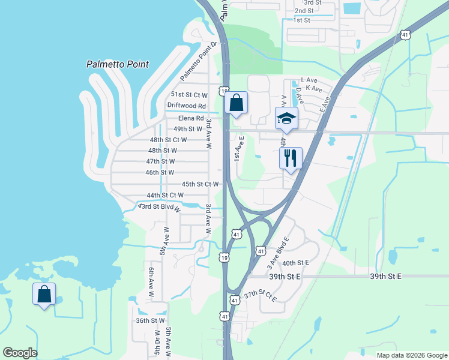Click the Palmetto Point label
pos(116,64)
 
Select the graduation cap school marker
pos(286,118)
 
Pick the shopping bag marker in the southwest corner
pos(44,295)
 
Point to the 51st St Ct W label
pos(189,95)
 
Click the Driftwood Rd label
pos(186,106)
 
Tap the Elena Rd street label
pos(191,118)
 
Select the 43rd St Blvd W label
pos(159,207)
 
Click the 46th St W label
pos(160,172)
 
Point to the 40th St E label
pos(295,263)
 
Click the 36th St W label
pos(150,320)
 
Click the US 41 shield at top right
pos(406,35)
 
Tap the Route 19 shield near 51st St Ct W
pos(223,91)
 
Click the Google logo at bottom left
pos(20,353)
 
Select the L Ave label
pos(309,80)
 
